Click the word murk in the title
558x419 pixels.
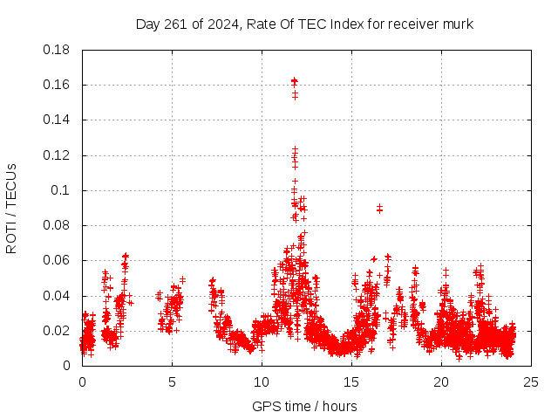click(x=459, y=24)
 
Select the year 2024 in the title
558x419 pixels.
click(x=222, y=24)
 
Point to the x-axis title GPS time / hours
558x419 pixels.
click(x=304, y=406)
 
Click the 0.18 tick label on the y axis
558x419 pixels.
click(x=59, y=50)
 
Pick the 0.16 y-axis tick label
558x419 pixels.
click(x=59, y=85)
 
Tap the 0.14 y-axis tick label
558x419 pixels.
click(x=59, y=120)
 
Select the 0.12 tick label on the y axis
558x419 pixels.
click(x=59, y=155)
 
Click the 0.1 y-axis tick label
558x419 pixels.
click(x=64, y=190)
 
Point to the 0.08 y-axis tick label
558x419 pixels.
click(x=59, y=225)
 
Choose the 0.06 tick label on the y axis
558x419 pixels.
click(x=59, y=260)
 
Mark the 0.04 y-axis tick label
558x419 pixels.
click(x=59, y=296)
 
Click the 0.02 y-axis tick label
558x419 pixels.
click(x=59, y=331)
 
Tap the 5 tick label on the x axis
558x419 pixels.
click(x=172, y=382)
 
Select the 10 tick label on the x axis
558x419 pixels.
click(x=262, y=382)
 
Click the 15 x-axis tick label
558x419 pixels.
click(x=351, y=382)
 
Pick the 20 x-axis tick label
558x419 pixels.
click(x=442, y=382)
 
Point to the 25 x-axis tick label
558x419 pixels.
click(x=532, y=382)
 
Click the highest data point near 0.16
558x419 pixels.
click(x=294, y=81)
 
